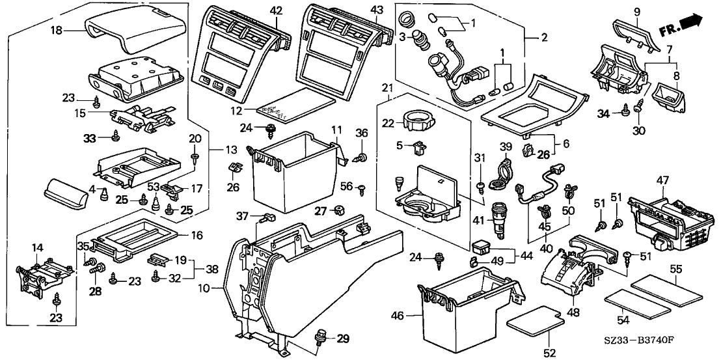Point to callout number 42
point(277,11)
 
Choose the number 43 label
point(377,11)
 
